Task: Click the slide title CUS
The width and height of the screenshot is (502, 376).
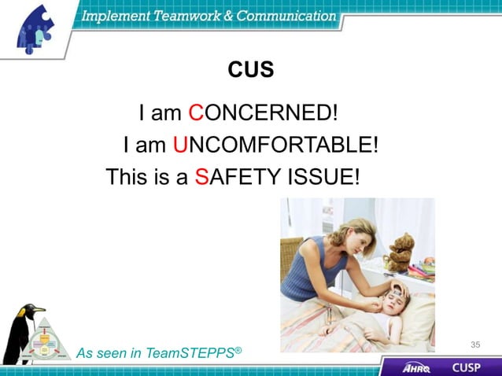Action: tap(251, 70)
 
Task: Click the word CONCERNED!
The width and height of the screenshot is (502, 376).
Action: tap(264, 113)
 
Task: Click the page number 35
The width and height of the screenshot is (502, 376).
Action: tap(475, 345)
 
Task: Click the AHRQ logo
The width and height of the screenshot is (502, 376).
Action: tap(416, 367)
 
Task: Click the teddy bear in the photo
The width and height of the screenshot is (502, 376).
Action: tap(399, 252)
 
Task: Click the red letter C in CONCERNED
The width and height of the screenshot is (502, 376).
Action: tap(197, 113)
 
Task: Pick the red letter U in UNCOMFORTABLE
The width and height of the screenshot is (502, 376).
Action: tap(181, 145)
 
